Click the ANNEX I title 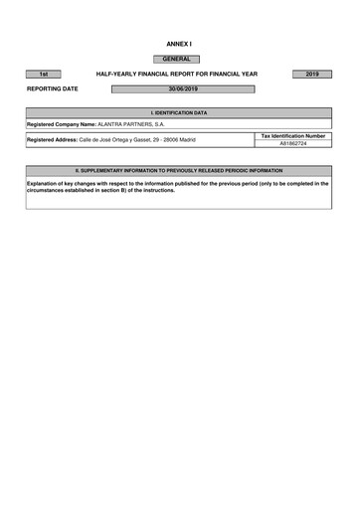pos(179,46)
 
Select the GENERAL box pos(178,60)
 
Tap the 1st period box pos(44,75)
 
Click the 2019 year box pos(312,75)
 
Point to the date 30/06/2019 pos(183,89)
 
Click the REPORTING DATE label pos(53,89)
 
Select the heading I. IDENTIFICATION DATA pos(179,113)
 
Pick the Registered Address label pos(52,140)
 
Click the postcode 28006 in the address pos(172,140)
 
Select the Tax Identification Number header pos(292,135)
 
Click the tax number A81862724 pos(292,144)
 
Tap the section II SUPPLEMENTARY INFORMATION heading pos(179,171)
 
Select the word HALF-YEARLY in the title pos(117,75)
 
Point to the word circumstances pos(48,190)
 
